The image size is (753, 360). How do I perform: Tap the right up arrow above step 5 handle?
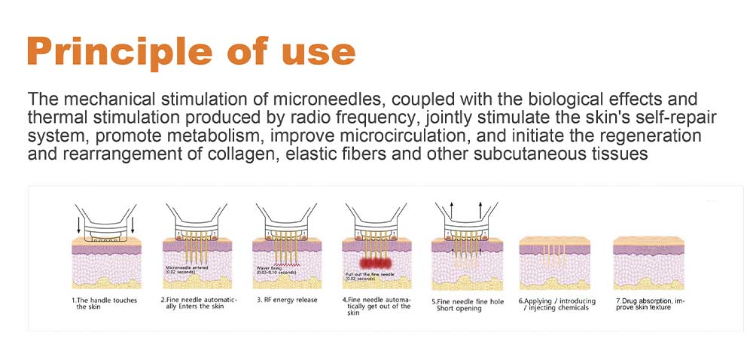tap(480, 208)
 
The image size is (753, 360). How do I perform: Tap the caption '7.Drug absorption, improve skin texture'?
tap(648, 304)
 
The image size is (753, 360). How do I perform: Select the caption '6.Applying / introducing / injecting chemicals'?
tap(556, 304)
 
